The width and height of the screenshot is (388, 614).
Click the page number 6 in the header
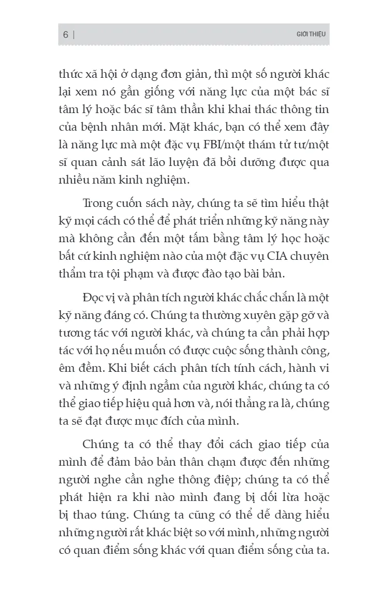tap(65, 35)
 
